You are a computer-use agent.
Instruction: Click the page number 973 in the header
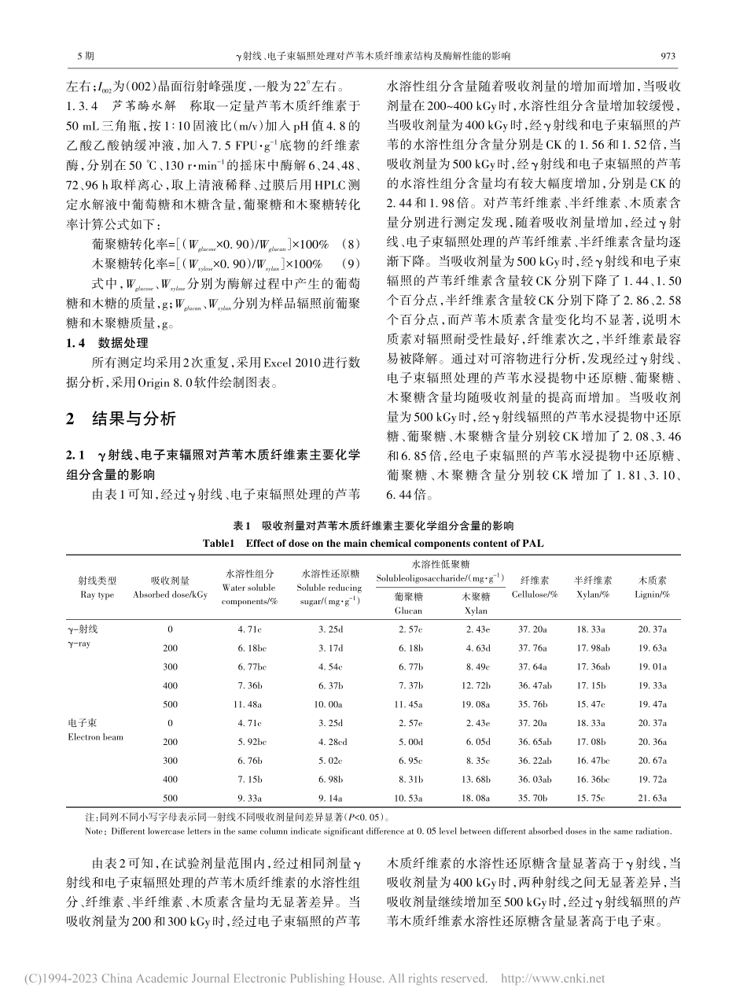pyautogui.click(x=668, y=57)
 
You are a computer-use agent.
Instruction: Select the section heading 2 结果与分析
pyautogui.click(x=120, y=419)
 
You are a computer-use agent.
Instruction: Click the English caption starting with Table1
pyautogui.click(x=373, y=543)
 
